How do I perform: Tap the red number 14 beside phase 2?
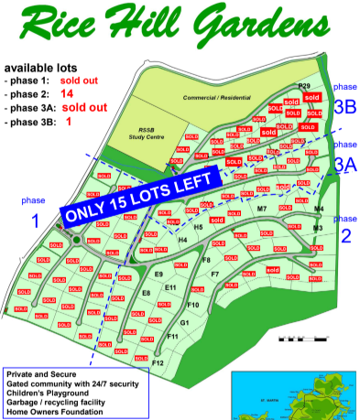coord(67,93)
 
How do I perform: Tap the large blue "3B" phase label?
coord(344,106)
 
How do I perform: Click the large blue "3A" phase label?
coord(344,164)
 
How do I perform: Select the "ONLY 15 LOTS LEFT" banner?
coord(141,195)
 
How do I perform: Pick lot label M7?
coord(261,210)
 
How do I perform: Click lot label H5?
coord(198,226)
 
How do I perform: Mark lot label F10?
coord(192,304)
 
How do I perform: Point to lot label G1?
coord(184,322)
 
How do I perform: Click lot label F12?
coord(158,363)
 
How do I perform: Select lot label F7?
coord(214,274)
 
